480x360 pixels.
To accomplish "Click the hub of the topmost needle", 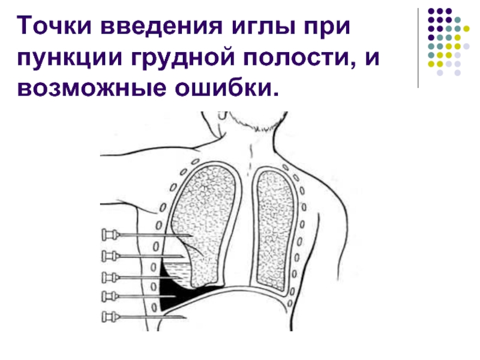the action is (109, 233).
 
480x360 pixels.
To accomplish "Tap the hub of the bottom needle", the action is (109, 316).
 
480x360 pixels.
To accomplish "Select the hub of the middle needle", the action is (109, 277).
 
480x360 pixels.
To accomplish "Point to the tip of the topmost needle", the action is (192, 235).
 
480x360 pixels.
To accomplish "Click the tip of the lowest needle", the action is (187, 317).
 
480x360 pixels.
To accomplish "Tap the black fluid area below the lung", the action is (171, 294).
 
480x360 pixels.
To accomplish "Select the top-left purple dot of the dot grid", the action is (430, 11).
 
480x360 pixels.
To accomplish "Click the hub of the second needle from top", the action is (109, 256).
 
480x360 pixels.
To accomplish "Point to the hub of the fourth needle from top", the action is (109, 295).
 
